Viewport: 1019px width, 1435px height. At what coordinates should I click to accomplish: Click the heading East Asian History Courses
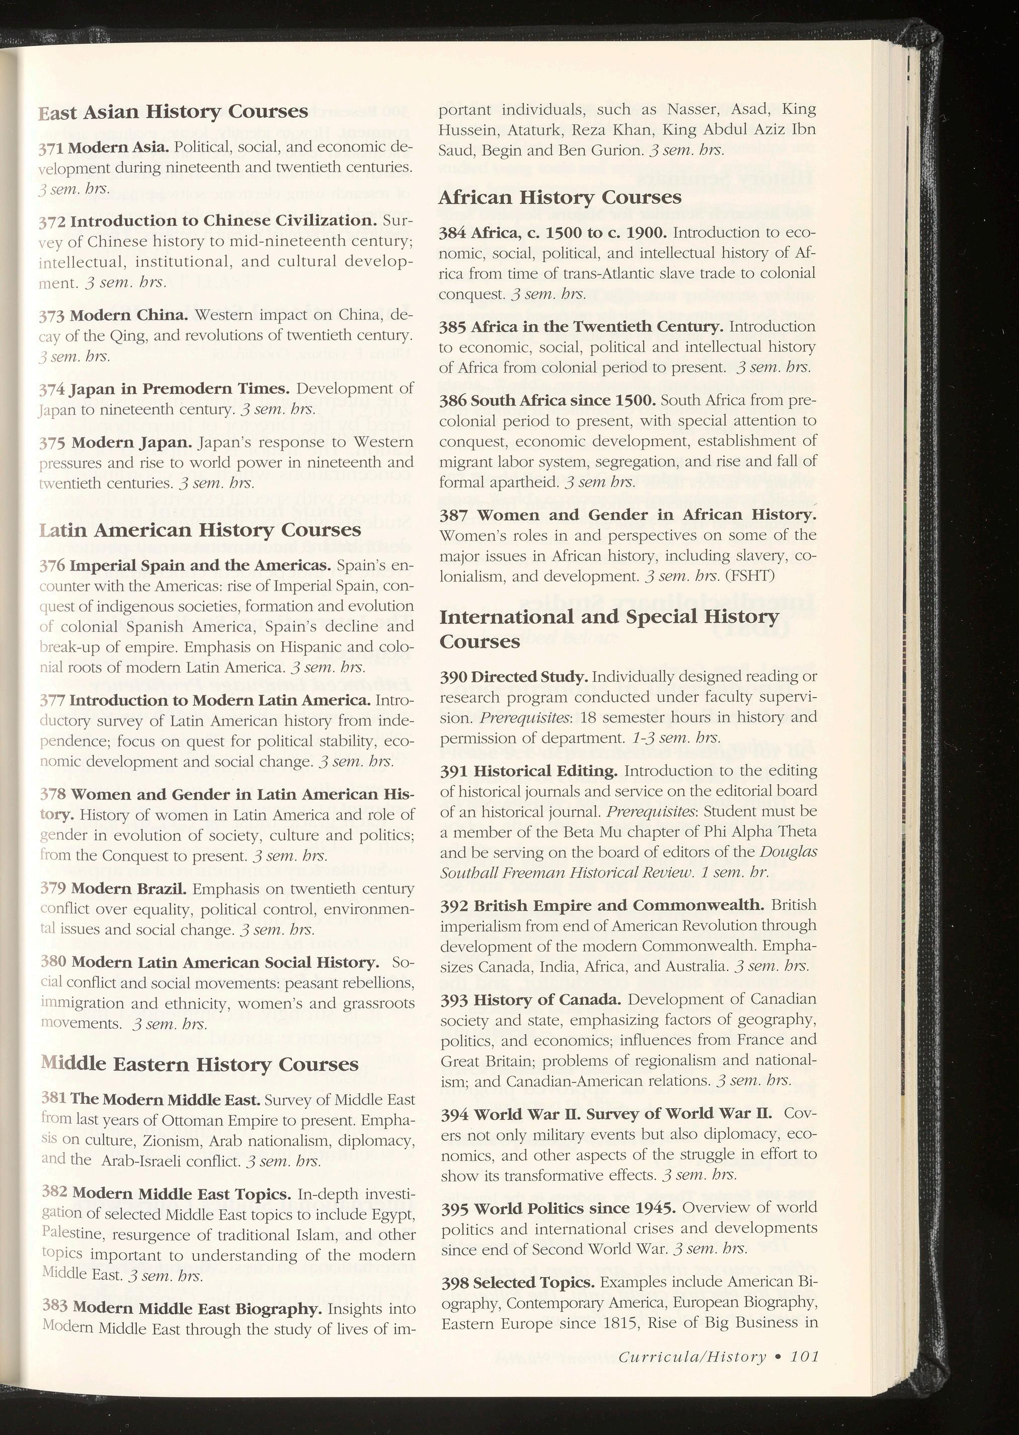click(173, 112)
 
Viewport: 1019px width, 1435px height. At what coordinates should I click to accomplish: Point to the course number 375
click(51, 443)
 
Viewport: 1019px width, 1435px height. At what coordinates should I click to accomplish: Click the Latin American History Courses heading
click(200, 530)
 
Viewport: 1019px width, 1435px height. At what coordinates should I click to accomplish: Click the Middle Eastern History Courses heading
click(200, 1064)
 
